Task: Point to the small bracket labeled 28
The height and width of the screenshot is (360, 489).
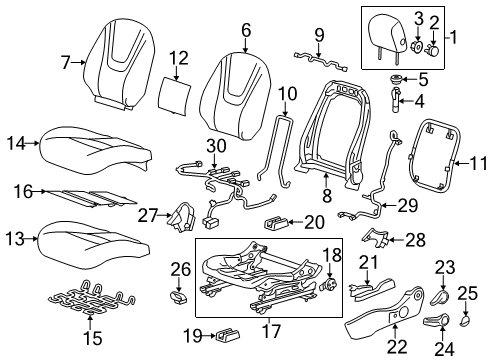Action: tap(373, 238)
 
